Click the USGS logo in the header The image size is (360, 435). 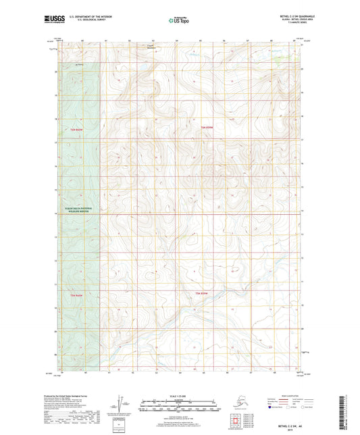tap(51, 20)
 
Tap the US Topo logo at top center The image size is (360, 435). tap(178, 21)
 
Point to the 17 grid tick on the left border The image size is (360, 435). tap(57, 143)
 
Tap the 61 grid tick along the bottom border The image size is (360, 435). tap(108, 372)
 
